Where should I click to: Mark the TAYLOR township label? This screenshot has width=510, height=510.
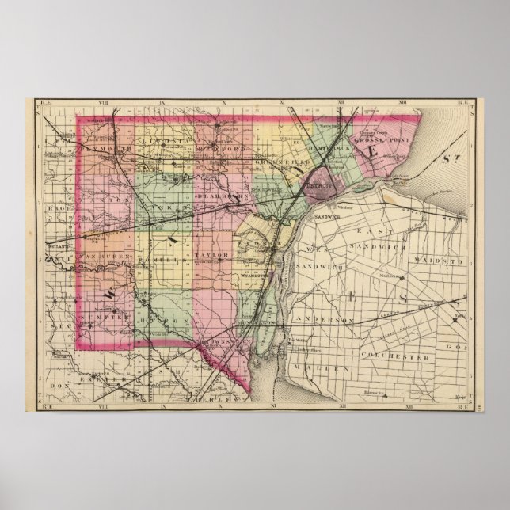(x=213, y=255)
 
